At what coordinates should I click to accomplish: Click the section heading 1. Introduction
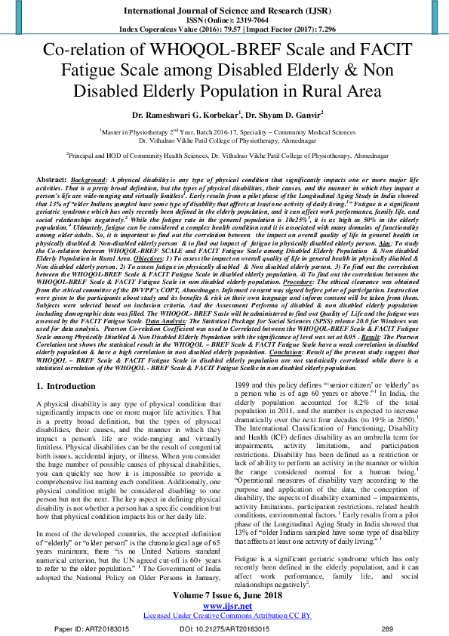(x=66, y=387)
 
